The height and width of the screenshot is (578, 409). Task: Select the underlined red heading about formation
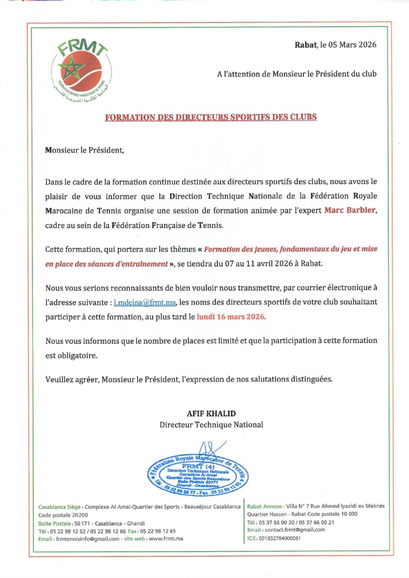click(211, 117)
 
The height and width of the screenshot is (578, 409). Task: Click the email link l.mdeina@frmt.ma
click(145, 302)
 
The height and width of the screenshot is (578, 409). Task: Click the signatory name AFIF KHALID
click(211, 414)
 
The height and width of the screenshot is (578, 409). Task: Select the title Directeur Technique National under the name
click(211, 425)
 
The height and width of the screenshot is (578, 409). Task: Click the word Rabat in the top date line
click(306, 45)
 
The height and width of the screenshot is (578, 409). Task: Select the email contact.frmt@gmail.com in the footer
click(295, 530)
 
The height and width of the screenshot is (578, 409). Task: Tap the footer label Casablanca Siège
click(59, 507)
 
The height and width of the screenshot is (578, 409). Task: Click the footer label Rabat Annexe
click(265, 506)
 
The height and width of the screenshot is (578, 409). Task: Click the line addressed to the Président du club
click(297, 74)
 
